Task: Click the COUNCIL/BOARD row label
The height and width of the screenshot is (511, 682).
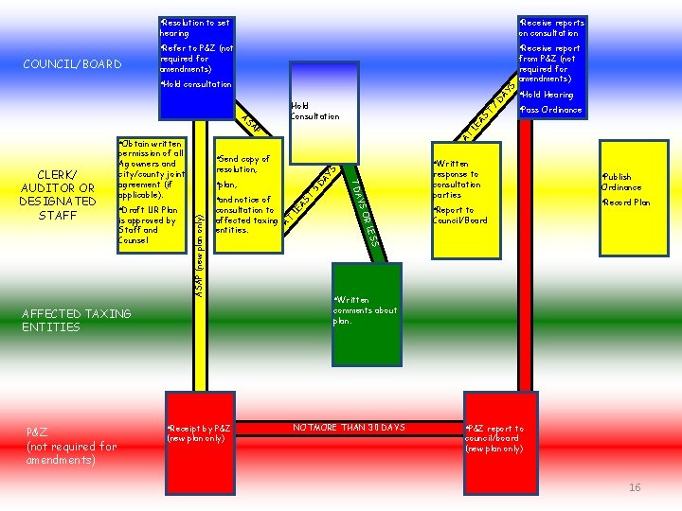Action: pos(72,64)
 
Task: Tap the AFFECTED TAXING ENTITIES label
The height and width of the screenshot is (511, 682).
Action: pos(76,320)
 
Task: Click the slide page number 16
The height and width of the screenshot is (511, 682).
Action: pos(635,487)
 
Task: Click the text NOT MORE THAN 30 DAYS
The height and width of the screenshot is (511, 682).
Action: pos(349,428)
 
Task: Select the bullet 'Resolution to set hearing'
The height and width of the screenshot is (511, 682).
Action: pos(194,26)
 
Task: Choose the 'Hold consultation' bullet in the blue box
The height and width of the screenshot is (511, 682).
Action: pos(197,84)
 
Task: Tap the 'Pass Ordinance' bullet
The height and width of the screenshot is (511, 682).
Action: pos(550,110)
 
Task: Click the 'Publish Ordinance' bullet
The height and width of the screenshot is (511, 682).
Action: pos(622,182)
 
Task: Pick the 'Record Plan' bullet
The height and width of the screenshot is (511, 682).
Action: pos(626,203)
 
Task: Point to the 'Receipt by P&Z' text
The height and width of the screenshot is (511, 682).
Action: pos(199,433)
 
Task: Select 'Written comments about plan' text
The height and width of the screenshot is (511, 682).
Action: pos(365,310)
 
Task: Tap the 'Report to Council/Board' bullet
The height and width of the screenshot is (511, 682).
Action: pos(460,215)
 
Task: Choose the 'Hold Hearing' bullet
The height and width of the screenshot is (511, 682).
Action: pos(548,95)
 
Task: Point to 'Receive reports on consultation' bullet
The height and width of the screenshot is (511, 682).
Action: pos(552,26)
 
